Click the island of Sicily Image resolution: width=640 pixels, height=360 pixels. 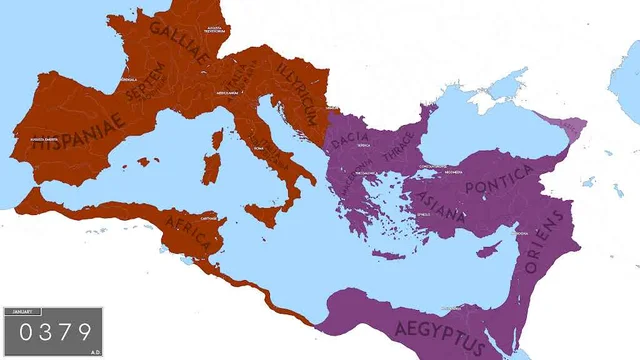(x=265, y=212)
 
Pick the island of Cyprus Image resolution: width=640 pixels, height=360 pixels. (x=489, y=247)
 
